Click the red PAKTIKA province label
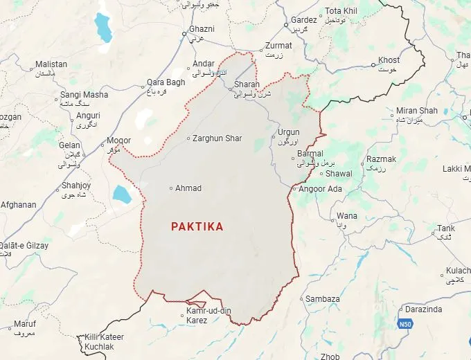tap(197, 226)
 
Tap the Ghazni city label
tap(202, 30)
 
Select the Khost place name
tap(389, 60)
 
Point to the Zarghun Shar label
tap(217, 138)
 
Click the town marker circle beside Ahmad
tap(171, 188)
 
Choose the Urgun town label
tap(288, 132)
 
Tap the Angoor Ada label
tap(320, 189)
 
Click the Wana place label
tap(347, 216)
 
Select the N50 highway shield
tap(405, 323)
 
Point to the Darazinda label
tap(423, 309)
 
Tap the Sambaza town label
tap(323, 299)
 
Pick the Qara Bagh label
tap(166, 82)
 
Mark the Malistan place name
tap(53, 64)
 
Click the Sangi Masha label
tap(84, 95)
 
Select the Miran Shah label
tap(417, 111)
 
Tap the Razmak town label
tap(382, 159)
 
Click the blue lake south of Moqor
tap(122, 194)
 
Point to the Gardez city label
tap(303, 20)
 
